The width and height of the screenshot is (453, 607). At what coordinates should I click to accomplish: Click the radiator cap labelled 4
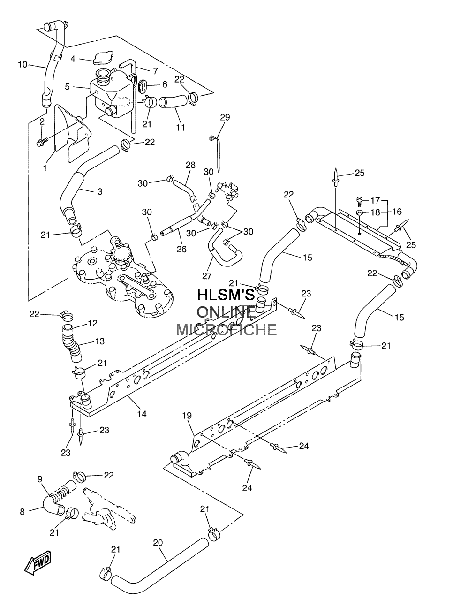click(103, 58)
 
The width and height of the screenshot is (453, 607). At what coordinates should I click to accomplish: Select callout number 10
click(23, 65)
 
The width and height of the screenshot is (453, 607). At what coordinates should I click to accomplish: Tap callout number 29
click(225, 117)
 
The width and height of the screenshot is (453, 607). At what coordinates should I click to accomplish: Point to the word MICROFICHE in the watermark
click(226, 330)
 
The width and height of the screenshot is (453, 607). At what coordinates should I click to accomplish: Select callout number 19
click(187, 423)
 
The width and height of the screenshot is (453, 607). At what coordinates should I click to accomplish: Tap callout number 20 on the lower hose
click(158, 543)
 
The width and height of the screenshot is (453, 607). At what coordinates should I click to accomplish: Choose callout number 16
click(397, 212)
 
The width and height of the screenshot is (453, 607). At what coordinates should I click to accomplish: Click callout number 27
click(207, 275)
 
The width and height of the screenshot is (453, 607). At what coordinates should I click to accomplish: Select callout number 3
click(100, 191)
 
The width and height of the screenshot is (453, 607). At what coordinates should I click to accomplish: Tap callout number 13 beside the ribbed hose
click(100, 341)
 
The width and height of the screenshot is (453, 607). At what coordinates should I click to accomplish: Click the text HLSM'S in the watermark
click(226, 295)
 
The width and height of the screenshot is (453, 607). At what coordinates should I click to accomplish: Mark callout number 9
click(40, 479)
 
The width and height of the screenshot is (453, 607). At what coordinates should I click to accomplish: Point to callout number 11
click(181, 128)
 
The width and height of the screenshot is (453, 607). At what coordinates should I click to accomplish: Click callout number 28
click(190, 165)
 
